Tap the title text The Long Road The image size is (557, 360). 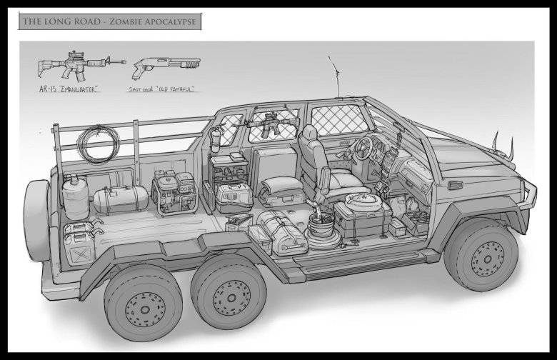(62, 21)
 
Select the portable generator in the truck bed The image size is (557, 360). (174, 193)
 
